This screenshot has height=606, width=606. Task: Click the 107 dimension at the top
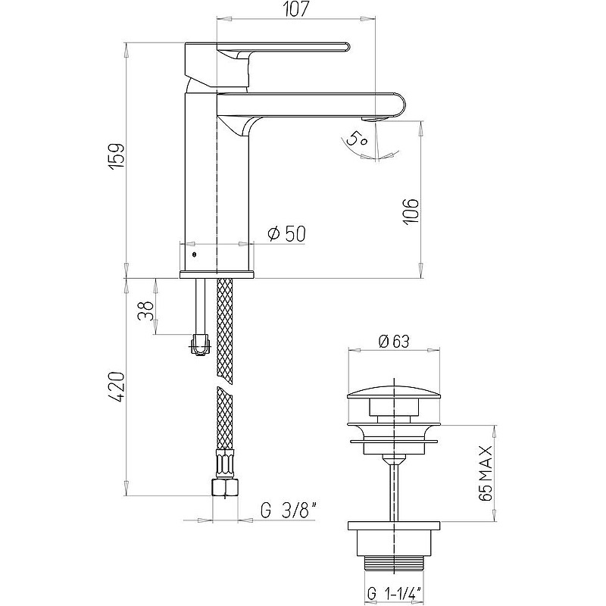tap(296, 9)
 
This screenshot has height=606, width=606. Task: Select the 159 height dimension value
tap(117, 155)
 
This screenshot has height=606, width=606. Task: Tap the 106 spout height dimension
tap(411, 212)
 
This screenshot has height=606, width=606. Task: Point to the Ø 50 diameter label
tap(286, 233)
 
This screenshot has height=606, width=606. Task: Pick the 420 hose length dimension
tap(117, 386)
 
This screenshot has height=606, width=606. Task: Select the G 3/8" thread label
tap(289, 511)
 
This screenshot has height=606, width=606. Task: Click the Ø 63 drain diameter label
tap(394, 341)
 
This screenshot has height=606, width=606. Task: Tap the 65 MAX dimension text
tap(486, 473)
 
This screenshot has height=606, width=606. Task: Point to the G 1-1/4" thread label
tap(394, 594)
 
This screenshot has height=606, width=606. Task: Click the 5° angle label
tap(356, 139)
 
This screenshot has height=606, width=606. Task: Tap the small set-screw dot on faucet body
tap(194, 255)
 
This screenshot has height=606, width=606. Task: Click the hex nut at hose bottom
tap(225, 487)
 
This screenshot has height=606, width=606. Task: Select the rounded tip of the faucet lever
tap(347, 47)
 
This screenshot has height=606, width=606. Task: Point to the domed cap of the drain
tap(394, 393)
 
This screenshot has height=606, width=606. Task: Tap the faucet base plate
tap(217, 274)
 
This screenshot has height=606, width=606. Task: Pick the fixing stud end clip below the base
tap(201, 345)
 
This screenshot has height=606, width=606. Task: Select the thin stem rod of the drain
tap(394, 491)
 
